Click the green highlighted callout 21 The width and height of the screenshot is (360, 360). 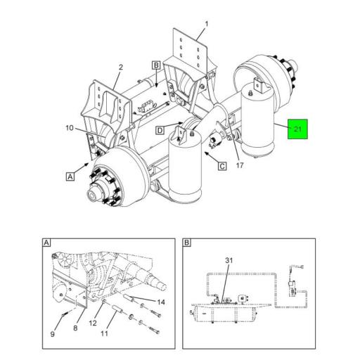pyautogui.click(x=297, y=129)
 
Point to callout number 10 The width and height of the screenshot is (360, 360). pyautogui.click(x=70, y=128)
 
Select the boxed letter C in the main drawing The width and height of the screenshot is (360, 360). pyautogui.click(x=221, y=166)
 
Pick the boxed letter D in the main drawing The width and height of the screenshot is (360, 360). pyautogui.click(x=160, y=130)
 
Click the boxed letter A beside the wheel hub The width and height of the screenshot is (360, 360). pyautogui.click(x=70, y=177)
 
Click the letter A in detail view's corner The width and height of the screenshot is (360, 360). pyautogui.click(x=46, y=243)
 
